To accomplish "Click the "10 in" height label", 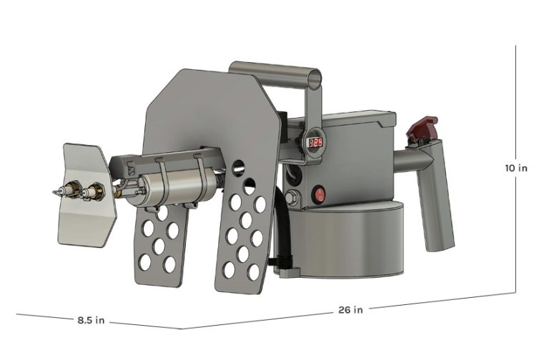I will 516,169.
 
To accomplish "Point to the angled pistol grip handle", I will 437,201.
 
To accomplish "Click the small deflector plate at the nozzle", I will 84,193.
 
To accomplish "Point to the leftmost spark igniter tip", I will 56,193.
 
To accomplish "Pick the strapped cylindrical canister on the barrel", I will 175,188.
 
